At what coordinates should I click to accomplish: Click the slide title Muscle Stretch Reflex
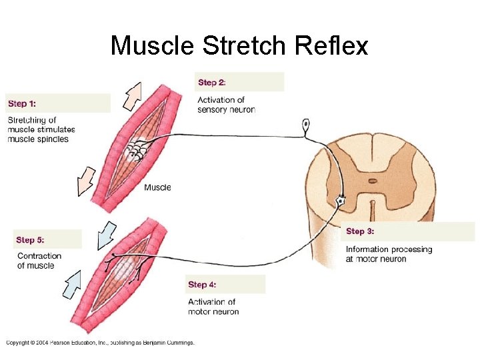point(239,46)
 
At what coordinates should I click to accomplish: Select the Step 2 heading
point(212,83)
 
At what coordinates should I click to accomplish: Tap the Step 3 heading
point(360,231)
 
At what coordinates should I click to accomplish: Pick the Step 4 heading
point(202,285)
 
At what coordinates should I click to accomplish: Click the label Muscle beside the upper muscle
point(157,187)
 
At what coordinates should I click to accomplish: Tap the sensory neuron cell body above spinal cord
point(306,124)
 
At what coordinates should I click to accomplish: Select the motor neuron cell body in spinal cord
point(341,200)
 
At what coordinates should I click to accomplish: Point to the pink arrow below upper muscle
point(87,181)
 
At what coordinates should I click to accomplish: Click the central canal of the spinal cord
point(372,180)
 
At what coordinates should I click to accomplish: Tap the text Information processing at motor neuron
point(389,254)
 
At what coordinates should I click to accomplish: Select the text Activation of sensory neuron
point(226,105)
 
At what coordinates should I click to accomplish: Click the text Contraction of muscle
point(39,261)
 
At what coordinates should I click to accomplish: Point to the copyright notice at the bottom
point(101,343)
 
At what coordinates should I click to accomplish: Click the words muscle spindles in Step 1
point(38,139)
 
